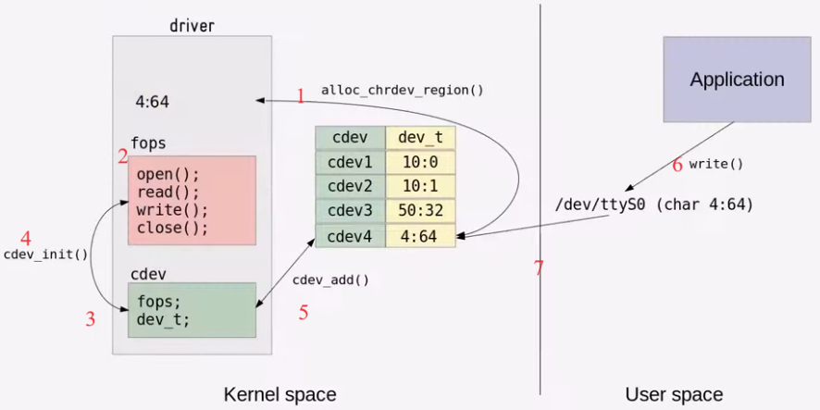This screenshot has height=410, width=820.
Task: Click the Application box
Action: click(737, 80)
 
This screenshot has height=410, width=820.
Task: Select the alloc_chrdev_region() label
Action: click(403, 91)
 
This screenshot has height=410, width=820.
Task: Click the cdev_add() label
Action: click(330, 280)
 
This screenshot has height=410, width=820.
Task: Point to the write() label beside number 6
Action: click(716, 164)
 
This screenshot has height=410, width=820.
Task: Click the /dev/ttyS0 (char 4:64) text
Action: click(653, 204)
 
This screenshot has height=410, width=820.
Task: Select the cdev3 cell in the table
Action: click(350, 211)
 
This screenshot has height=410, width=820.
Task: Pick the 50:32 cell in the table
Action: click(420, 211)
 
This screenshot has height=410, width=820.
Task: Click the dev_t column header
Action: click(420, 138)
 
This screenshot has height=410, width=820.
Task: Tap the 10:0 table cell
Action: click(420, 162)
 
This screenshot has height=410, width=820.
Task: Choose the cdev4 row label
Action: click(350, 236)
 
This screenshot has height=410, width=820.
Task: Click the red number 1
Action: click(300, 94)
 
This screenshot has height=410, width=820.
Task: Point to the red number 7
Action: click(539, 269)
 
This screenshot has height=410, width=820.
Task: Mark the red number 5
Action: click(303, 313)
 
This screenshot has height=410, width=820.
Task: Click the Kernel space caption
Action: click(280, 395)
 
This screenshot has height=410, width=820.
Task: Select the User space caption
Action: click(674, 395)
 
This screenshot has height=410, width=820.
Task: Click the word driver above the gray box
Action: click(192, 25)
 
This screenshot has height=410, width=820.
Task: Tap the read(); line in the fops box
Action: click(168, 193)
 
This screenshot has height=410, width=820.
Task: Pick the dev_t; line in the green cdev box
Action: click(163, 319)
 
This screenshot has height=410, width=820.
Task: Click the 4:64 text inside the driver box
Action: click(152, 102)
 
